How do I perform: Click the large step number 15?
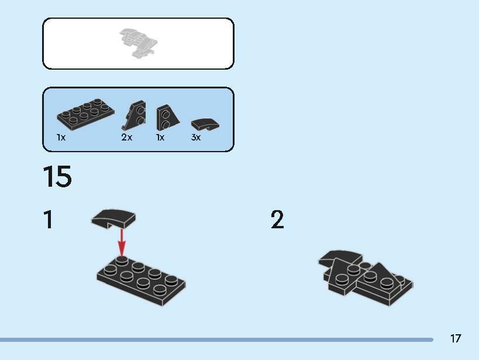57,176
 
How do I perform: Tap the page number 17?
455,338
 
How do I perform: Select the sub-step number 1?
49,220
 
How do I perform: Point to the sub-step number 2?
277,220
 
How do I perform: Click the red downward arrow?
122,243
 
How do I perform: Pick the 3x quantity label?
196,138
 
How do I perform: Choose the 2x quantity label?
127,137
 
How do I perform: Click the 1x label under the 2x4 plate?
61,138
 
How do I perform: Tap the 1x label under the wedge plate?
160,138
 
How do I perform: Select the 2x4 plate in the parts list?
85,114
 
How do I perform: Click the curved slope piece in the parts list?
205,124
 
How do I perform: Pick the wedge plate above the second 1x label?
168,118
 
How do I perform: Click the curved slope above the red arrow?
113,218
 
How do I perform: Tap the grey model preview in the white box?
139,43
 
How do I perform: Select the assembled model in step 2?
366,277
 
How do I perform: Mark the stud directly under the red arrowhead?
122,260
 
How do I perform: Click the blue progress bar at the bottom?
216,340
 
